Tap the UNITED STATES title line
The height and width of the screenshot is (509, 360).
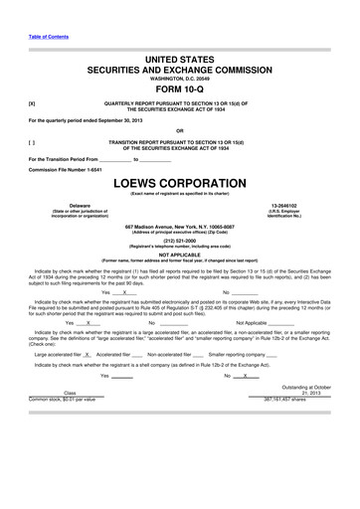click(180, 61)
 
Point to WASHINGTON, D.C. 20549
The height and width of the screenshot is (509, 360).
click(180, 80)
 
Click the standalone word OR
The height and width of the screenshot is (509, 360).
click(180, 129)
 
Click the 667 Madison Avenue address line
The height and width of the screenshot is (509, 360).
click(180, 226)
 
